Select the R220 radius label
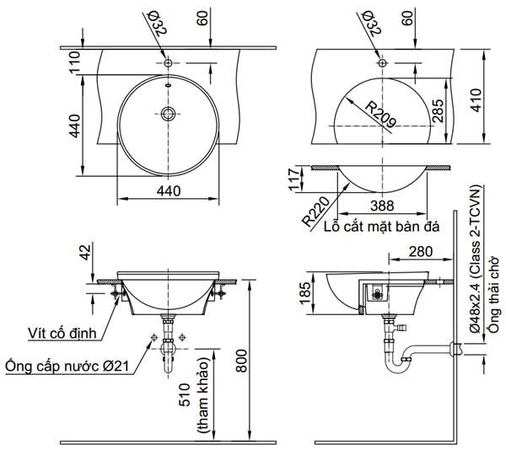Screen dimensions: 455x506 [x=316, y=207]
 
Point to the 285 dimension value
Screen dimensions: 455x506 [x=437, y=110]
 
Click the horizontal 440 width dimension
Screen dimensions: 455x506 [x=170, y=190]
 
